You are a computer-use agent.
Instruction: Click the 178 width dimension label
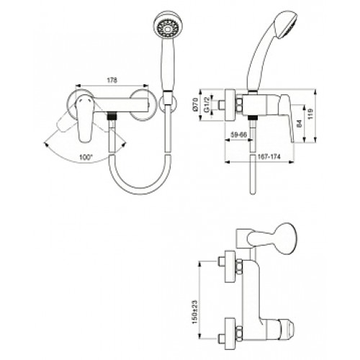[x=112, y=80]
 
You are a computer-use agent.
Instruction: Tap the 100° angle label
[x=86, y=158]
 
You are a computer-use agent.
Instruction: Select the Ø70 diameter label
[x=195, y=104]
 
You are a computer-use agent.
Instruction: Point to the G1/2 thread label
[x=207, y=104]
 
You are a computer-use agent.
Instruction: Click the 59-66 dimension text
[x=238, y=135]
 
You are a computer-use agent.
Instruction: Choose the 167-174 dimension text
[x=269, y=157]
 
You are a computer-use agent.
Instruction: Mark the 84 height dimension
[x=299, y=124]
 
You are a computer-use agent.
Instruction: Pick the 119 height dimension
[x=310, y=114]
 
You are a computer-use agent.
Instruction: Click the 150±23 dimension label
[x=194, y=312]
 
